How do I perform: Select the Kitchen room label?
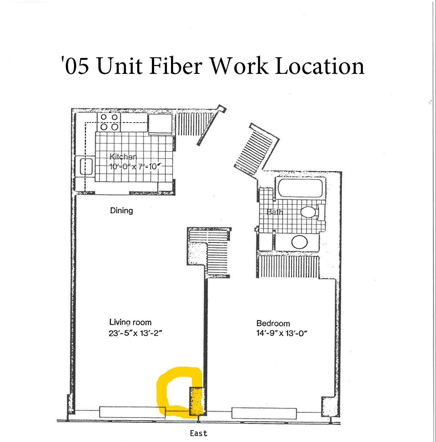pos(123,157)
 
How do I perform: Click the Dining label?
pos(122,211)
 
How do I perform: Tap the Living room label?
pos(130,322)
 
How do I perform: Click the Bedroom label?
pos(273,324)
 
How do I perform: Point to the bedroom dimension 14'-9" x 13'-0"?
pos(282,333)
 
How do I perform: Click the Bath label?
pos(275,212)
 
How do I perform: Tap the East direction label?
pos(199,433)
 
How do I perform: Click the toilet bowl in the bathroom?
pos(308,212)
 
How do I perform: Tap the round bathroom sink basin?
pos(300,242)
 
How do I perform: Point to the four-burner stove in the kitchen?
pos(109,122)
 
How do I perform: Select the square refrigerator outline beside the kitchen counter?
pos(160,124)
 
